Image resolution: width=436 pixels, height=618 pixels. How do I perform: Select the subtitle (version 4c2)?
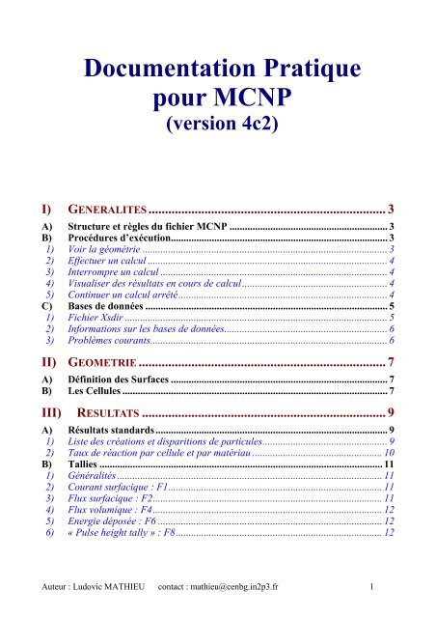click(x=218, y=127)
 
